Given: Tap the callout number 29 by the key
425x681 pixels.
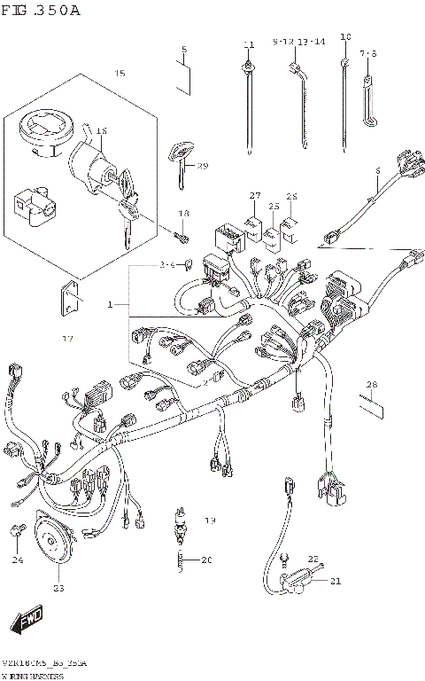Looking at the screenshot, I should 202,167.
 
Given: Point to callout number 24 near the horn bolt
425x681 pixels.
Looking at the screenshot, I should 18,560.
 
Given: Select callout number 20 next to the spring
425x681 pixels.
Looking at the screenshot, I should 206,560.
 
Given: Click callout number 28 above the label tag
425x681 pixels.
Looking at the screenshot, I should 372,384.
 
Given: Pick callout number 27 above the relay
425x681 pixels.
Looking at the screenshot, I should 255,196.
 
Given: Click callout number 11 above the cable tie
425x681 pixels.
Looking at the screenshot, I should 249,44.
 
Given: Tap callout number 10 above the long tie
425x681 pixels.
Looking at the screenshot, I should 345,37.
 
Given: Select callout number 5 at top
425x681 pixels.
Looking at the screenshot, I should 183,49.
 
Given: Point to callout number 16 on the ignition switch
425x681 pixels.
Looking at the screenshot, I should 101,131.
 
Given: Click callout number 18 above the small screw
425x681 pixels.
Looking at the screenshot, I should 184,214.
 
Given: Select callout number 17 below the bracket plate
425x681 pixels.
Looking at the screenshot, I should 67,339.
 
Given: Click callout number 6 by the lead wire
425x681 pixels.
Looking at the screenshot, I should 377,170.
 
